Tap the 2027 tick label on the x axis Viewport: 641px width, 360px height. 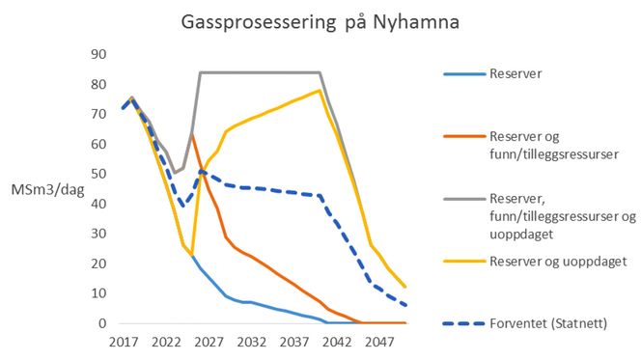pos(209,343)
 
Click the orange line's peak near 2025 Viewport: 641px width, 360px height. pos(192,134)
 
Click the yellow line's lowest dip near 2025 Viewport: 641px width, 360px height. pos(192,254)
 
